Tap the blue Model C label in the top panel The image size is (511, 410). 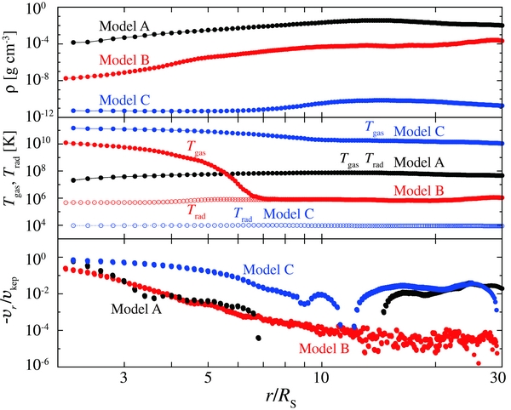[x=124, y=100]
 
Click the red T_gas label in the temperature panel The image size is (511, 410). [x=202, y=147]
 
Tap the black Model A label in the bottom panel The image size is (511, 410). [x=135, y=309]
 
